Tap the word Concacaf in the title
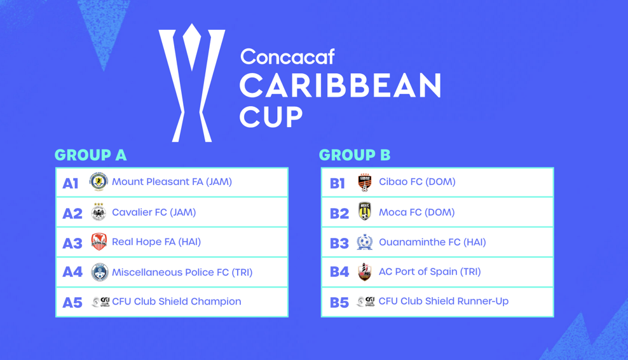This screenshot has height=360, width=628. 287,57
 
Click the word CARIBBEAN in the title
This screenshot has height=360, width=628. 341,85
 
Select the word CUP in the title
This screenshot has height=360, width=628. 271,116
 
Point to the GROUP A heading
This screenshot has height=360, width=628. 90,155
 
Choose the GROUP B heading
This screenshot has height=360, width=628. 355,155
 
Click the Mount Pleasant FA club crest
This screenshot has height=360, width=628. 99,182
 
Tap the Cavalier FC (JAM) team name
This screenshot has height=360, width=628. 154,212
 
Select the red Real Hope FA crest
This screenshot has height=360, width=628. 99,242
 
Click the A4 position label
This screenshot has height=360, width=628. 72,272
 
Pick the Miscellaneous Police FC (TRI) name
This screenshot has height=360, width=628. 182,272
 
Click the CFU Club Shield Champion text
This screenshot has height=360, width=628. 177,301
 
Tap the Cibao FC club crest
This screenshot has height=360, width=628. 364,183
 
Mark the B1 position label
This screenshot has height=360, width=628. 338,184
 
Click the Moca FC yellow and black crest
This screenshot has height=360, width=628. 364,212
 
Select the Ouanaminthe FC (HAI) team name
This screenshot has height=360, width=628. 433,242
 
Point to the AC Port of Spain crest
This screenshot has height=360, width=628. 364,272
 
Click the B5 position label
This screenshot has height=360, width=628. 339,302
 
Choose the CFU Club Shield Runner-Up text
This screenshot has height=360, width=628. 444,301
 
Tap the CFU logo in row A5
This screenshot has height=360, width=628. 100,302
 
